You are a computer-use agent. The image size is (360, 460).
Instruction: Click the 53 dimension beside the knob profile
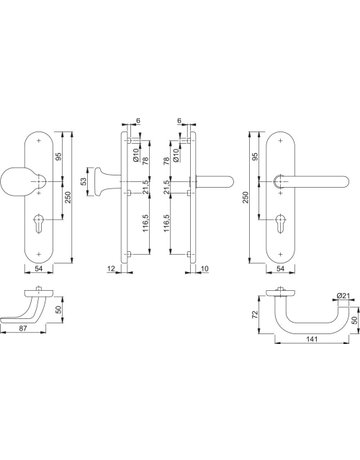[84, 181]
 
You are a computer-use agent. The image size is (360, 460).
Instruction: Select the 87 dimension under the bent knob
[23, 328]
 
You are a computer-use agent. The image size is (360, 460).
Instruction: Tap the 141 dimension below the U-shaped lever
[311, 339]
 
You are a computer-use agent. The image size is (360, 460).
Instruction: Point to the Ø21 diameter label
[343, 295]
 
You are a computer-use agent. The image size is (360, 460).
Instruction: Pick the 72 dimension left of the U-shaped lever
[255, 314]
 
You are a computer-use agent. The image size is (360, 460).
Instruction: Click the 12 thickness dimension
[112, 268]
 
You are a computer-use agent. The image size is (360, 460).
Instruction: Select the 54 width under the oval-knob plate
[39, 269]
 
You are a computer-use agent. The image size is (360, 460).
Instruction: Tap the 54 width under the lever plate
[281, 269]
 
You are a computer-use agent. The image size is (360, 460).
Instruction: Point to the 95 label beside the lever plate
[255, 157]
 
